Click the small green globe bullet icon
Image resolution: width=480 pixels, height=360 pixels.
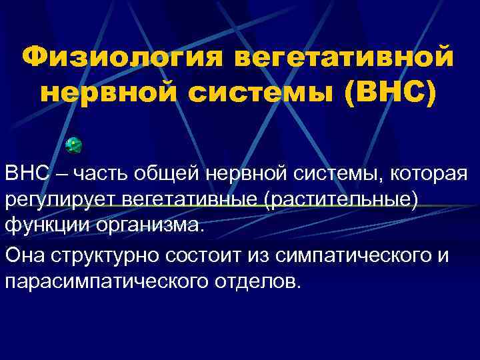(75, 144)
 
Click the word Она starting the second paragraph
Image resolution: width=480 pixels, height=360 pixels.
(25, 255)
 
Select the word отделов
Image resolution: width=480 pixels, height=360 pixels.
(259, 280)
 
